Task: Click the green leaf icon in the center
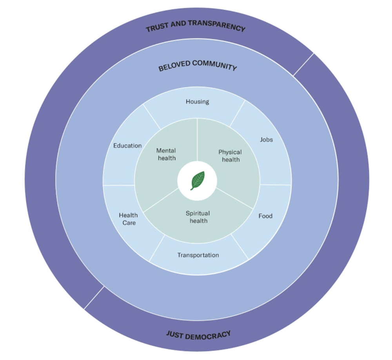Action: [x=197, y=181]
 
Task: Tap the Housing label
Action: [x=197, y=101]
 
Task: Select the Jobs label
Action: [x=266, y=139]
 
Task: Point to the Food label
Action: [x=265, y=216]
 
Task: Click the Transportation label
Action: [x=198, y=255]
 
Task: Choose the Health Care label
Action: [x=128, y=219]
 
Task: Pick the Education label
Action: [x=127, y=146]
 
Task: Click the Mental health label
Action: [x=166, y=154]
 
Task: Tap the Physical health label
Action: [x=230, y=156]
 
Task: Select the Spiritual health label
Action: [x=198, y=217]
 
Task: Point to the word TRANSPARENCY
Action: [x=217, y=25]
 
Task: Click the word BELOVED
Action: [x=172, y=67]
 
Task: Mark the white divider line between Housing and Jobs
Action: [x=238, y=113]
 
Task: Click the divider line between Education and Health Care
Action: [x=119, y=185]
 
